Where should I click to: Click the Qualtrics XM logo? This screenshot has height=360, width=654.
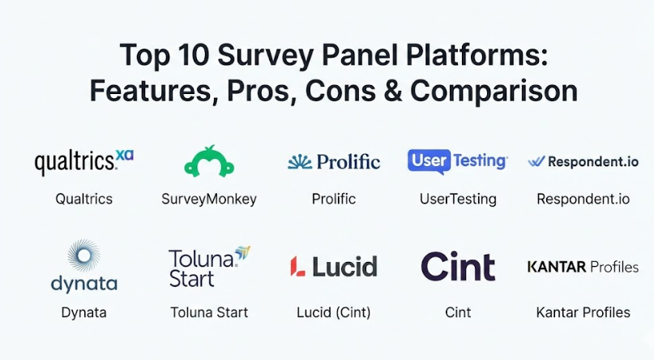[x=83, y=162]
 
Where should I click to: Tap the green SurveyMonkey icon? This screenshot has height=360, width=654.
[x=209, y=161]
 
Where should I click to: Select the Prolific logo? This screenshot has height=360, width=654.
[x=334, y=162]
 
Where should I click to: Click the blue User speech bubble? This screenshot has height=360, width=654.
[x=430, y=161]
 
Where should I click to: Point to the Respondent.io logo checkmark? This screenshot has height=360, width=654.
[x=536, y=161]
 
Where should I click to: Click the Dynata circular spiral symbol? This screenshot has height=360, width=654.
[x=83, y=255]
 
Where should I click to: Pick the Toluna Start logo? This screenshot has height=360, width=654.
[x=209, y=267]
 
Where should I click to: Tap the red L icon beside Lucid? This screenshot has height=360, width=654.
[x=297, y=267]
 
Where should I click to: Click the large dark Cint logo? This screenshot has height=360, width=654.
[x=458, y=266]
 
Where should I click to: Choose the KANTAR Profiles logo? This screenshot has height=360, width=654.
[x=583, y=267]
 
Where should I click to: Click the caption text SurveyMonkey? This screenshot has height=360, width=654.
[x=209, y=199]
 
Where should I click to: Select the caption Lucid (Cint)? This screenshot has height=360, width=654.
[x=334, y=312]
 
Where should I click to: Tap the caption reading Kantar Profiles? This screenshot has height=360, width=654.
[x=583, y=312]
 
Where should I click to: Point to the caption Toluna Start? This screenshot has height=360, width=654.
[x=209, y=312]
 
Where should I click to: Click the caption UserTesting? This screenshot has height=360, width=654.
[x=458, y=199]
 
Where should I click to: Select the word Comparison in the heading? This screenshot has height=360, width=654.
[x=494, y=91]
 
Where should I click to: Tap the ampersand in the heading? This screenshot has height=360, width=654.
[x=392, y=91]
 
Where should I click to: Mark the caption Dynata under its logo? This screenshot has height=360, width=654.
[x=83, y=313]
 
